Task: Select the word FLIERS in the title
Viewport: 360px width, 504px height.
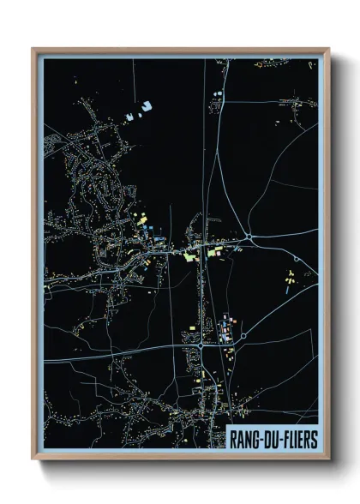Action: point(301,439)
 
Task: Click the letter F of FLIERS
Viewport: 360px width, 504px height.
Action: point(287,439)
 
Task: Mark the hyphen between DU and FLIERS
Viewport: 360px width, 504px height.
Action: point(282,440)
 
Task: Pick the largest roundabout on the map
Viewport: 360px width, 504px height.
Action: point(249,237)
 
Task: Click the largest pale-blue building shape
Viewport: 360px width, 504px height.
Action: point(146,107)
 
